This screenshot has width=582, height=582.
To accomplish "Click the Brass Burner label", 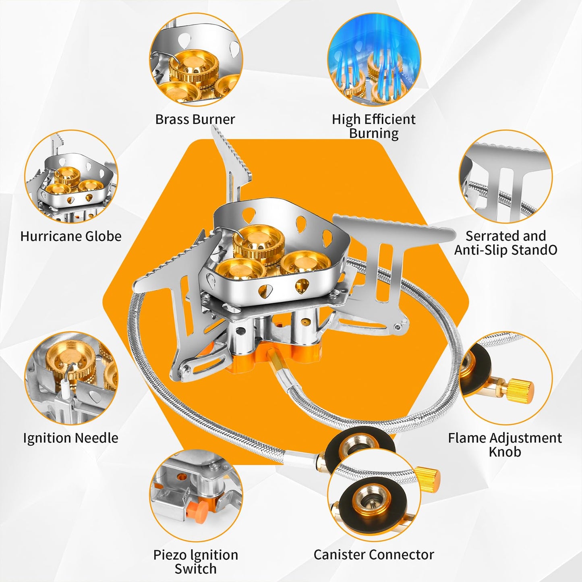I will [x=195, y=119].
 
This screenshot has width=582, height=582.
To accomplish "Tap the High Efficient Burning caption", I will [x=373, y=126].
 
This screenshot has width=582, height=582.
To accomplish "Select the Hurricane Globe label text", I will [x=71, y=236].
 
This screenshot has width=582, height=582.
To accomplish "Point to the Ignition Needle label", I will [x=70, y=438].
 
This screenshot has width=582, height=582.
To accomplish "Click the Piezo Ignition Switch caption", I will [x=195, y=561].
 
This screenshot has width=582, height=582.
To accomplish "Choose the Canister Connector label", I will [x=374, y=555].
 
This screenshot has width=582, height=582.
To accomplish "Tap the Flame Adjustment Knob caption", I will [x=505, y=444].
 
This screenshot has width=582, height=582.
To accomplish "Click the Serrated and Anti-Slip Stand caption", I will [x=505, y=242].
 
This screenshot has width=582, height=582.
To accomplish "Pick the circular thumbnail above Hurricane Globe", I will [x=71, y=176].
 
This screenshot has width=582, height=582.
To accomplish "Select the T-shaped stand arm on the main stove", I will [x=387, y=258].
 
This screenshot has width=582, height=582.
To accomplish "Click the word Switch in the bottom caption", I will [x=195, y=569].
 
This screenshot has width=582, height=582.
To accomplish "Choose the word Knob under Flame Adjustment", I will [x=505, y=452].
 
